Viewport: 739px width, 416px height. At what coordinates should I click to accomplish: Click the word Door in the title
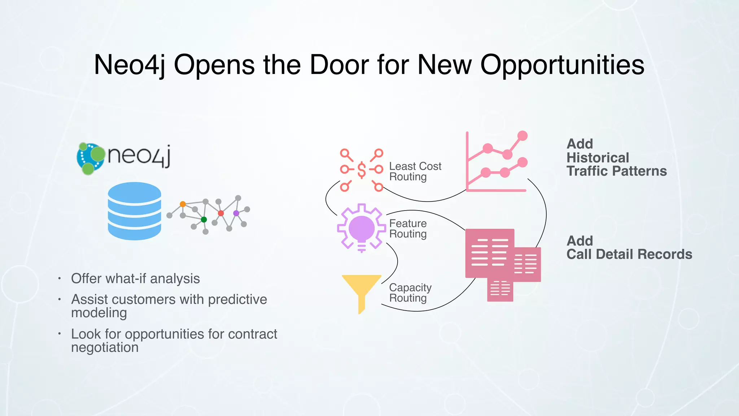tap(339, 65)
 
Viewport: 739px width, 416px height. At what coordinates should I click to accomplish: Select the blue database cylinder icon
tap(134, 211)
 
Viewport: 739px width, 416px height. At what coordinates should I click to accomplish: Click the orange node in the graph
tap(183, 204)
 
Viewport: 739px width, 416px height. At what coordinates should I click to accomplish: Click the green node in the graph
tap(204, 220)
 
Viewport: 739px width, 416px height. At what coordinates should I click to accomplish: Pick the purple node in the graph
tap(236, 213)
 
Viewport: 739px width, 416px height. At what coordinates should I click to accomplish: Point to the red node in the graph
tap(221, 213)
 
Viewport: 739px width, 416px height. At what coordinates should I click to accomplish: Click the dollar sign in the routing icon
tap(362, 170)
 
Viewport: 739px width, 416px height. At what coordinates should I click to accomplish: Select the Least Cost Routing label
tap(415, 172)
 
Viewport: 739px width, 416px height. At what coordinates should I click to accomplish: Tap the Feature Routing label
tap(408, 229)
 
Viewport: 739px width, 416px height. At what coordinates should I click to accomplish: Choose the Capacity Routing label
tap(410, 293)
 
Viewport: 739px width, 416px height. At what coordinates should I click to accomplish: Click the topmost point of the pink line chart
tap(522, 136)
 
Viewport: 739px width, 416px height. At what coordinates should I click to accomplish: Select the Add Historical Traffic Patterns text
tap(616, 157)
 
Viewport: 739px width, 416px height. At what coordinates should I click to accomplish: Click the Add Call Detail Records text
tap(629, 248)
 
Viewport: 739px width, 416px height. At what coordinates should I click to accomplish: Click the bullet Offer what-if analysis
tap(135, 279)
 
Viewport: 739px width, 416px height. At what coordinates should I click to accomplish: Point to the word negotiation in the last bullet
tap(105, 347)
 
